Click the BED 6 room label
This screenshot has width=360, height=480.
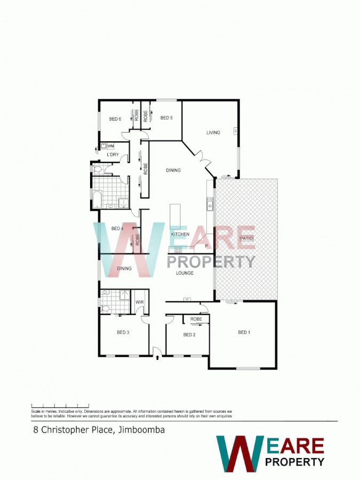(x=116, y=118)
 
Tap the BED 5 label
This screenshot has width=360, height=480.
(x=166, y=118)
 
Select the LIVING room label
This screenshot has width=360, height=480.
(x=213, y=132)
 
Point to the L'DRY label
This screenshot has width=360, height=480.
(x=112, y=155)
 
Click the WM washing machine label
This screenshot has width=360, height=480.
(x=111, y=146)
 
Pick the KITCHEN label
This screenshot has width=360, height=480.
(x=180, y=234)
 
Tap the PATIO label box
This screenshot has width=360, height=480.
(x=246, y=238)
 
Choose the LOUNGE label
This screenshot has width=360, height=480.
(x=185, y=273)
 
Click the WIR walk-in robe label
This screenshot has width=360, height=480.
(x=140, y=302)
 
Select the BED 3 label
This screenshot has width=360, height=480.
(x=123, y=332)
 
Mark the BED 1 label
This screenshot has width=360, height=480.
(x=244, y=332)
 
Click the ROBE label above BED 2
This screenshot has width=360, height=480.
(x=196, y=319)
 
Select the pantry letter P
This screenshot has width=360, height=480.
(x=206, y=246)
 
